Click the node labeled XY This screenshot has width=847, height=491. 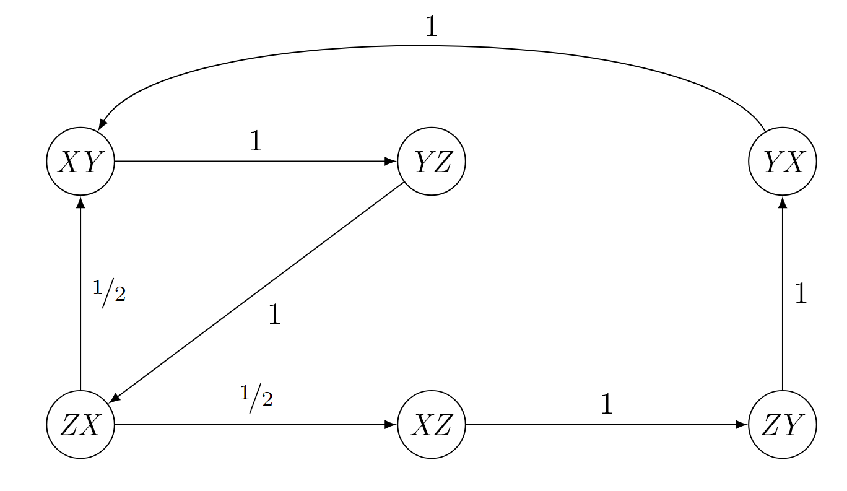click(80, 162)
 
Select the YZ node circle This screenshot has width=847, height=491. click(432, 162)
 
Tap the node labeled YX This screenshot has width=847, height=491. click(783, 162)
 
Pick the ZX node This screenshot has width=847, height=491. click(80, 424)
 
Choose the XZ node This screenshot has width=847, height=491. click(432, 424)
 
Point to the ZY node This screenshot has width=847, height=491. click(783, 424)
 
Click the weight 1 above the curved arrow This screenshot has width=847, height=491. click(432, 27)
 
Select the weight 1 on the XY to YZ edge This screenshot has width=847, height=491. click(256, 141)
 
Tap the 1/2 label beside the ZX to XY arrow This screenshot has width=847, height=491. click(109, 293)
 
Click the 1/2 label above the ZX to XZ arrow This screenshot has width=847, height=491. click(256, 398)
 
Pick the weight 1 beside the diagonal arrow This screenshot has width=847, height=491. click(274, 314)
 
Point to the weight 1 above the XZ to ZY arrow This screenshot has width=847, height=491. click(607, 404)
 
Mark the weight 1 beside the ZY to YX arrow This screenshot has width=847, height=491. click(801, 293)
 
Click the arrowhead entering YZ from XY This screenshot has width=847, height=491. click(391, 162)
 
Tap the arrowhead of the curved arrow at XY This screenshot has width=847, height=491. click(102, 124)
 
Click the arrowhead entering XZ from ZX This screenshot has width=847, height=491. click(391, 424)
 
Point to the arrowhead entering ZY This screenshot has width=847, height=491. click(742, 424)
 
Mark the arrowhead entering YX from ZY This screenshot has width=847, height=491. click(783, 202)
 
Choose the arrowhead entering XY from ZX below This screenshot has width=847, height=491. click(80, 202)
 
